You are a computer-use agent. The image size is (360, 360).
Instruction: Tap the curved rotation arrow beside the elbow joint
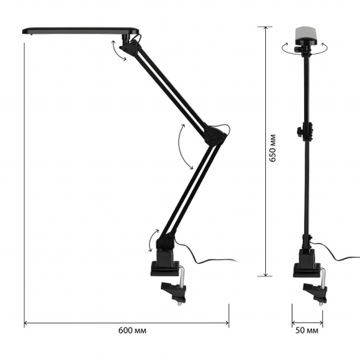point(182,148)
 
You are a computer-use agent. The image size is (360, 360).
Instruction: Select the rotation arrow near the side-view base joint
point(151,241)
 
